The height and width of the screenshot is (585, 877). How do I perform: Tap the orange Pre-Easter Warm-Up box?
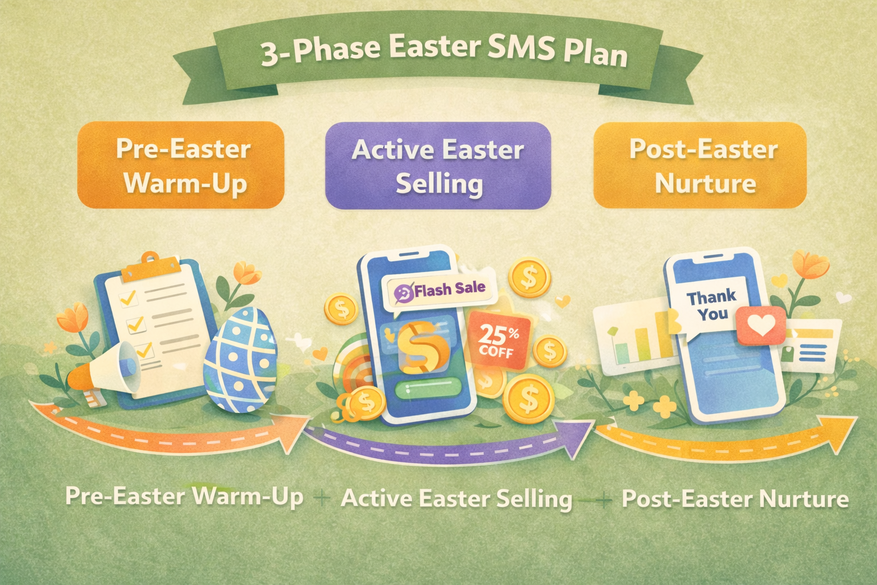point(181,165)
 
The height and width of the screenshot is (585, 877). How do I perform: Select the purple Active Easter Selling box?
point(438,165)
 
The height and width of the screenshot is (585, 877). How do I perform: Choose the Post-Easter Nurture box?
point(700,165)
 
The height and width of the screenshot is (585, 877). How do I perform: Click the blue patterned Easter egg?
point(240,359)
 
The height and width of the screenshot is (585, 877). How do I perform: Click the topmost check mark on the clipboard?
point(129,298)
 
